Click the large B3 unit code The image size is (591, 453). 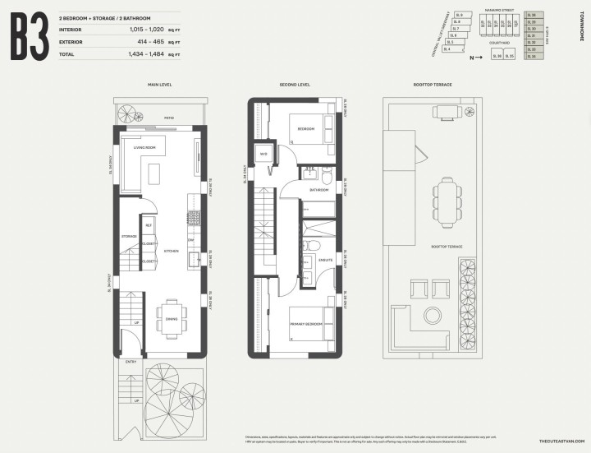29,38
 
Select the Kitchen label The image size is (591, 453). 171,251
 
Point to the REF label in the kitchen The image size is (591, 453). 149,225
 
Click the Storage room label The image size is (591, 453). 128,236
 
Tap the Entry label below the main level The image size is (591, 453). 131,361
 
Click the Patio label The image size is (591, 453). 168,118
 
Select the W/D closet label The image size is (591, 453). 264,154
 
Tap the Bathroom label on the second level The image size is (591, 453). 318,190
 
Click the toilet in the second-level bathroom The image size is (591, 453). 326,177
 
